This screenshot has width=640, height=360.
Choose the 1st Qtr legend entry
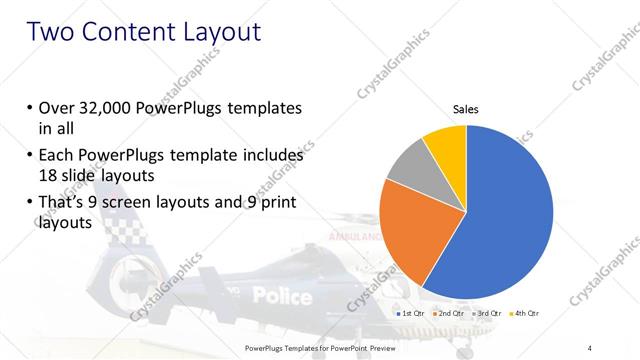click(413, 313)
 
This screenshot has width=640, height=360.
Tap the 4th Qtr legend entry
click(526, 313)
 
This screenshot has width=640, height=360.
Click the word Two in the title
click(51, 32)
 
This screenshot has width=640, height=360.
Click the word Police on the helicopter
click(282, 295)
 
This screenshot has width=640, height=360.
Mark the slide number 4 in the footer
click(590, 347)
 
